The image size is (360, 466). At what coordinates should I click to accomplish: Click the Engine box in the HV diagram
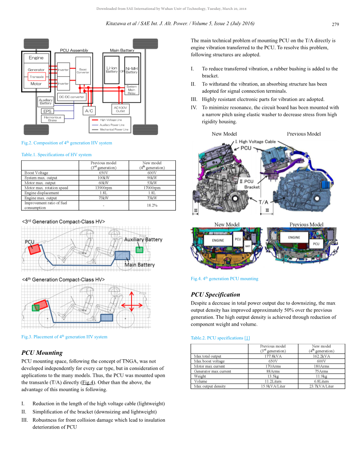tap(36, 58)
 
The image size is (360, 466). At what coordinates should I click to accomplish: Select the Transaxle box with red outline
tap(37, 77)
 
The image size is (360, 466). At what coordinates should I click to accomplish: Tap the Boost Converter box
tap(83, 71)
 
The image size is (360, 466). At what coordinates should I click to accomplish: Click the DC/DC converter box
tap(72, 97)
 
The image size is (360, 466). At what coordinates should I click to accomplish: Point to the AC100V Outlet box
tap(120, 109)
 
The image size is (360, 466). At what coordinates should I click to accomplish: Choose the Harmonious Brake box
tap(53, 119)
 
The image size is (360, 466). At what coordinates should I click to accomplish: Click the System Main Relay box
tap(132, 90)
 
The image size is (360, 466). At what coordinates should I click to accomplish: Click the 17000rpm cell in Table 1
tap(152, 188)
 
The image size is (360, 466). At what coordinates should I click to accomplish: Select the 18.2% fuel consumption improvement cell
tap(152, 205)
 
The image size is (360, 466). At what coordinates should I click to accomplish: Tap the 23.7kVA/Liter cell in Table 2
tap(321, 386)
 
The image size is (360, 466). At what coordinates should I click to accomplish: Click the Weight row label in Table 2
tap(200, 376)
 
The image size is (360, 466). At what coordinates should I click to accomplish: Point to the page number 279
tap(335, 25)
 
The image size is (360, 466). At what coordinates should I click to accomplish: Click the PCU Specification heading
tap(215, 295)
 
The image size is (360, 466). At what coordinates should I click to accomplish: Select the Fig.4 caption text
tap(225, 279)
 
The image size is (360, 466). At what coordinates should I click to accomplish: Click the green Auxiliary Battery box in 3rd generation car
tap(140, 249)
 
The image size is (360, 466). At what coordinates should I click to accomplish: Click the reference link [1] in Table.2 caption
tap(247, 338)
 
